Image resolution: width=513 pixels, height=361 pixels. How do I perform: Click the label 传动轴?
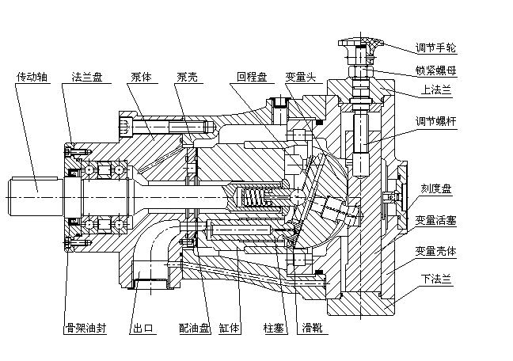pyautogui.click(x=33, y=78)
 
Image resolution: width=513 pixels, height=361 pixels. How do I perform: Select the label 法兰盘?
pyautogui.click(x=87, y=78)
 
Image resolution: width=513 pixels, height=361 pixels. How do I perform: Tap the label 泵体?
pyautogui.click(x=142, y=78)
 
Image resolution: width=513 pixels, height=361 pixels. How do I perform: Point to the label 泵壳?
pyautogui.click(x=188, y=78)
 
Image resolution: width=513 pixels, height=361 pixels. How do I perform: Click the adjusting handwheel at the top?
pyautogui.click(x=360, y=44)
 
